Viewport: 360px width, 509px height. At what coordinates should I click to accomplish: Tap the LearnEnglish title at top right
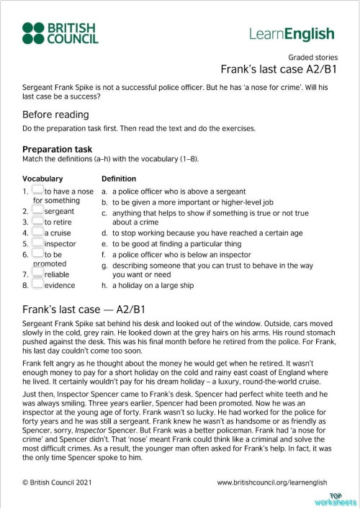click(x=292, y=34)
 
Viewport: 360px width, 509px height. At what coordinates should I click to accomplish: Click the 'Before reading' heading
click(x=55, y=114)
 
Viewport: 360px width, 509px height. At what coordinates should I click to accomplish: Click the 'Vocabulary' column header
click(x=42, y=179)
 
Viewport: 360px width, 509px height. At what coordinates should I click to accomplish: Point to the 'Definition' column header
click(x=119, y=179)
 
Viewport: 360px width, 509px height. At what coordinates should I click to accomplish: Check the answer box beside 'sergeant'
click(x=37, y=212)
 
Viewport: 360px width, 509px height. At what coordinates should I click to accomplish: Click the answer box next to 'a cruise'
click(x=37, y=233)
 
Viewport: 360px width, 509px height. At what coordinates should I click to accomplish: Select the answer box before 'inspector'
click(x=37, y=243)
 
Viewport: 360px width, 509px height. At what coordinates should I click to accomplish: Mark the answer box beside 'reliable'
click(x=37, y=274)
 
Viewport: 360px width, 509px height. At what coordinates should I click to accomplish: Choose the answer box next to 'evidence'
click(x=37, y=285)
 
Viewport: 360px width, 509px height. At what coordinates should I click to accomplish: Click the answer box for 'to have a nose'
click(x=37, y=191)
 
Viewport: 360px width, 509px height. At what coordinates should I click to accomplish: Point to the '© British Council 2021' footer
click(x=63, y=482)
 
